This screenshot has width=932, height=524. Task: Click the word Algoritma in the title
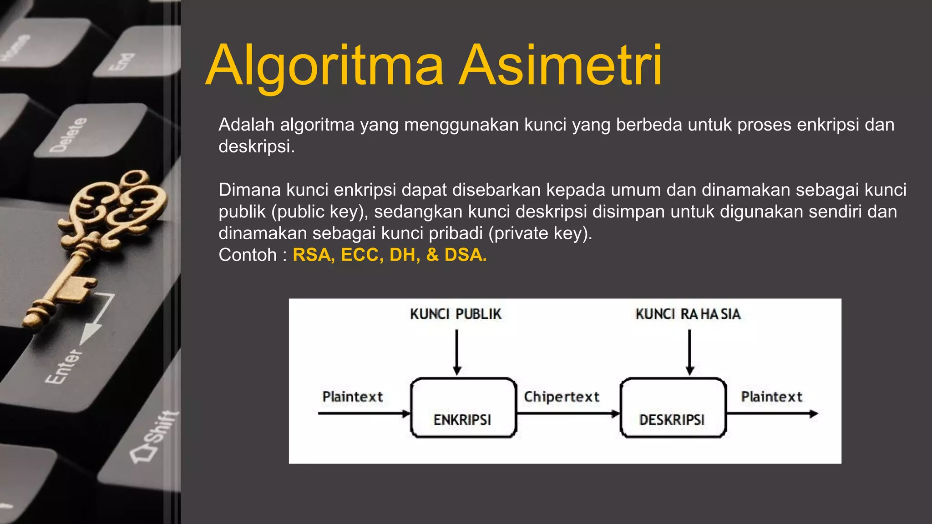324,66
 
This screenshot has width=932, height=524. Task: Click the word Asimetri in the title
560,66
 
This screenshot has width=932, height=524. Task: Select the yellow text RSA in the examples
311,255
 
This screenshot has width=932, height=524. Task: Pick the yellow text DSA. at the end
465,255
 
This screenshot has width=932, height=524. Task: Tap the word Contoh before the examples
248,255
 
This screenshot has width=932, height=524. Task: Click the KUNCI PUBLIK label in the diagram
456,314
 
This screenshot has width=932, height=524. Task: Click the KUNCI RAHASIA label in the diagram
688,314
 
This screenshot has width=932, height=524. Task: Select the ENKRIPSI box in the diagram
463,408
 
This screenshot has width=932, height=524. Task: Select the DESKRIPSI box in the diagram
673,408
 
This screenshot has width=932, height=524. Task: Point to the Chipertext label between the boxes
561,397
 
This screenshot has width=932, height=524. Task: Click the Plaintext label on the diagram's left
353,397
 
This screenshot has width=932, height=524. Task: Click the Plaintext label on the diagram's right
771,397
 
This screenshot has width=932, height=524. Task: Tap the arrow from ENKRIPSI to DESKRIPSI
568,414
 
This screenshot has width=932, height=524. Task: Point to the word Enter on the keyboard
64,367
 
